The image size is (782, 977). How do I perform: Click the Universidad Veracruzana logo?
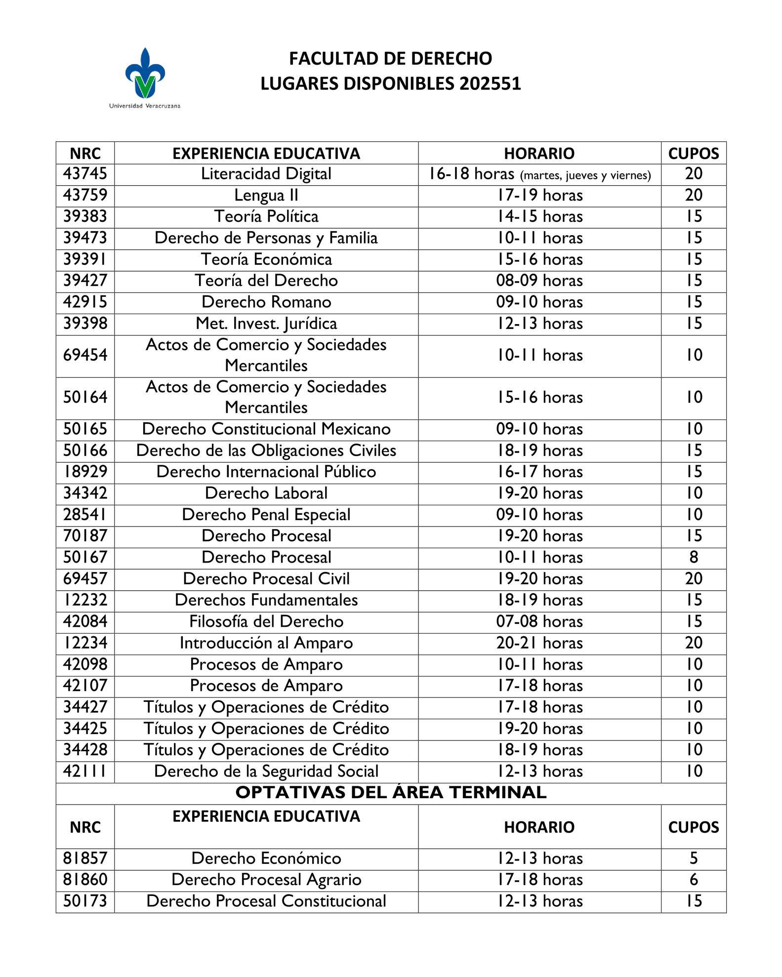point(144,77)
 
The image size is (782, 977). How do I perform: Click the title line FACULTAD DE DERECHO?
point(390,59)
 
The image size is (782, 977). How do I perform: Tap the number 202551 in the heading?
point(490,84)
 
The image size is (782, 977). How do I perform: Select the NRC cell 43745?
point(85,174)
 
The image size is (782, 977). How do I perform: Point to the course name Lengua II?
point(266,196)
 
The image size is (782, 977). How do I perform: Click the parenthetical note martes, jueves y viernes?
point(585,175)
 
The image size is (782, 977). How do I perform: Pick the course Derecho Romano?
point(266,302)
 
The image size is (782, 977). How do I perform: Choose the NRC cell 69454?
point(85,356)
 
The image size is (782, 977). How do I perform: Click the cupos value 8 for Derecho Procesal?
point(694,558)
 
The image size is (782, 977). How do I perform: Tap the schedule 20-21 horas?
point(539,643)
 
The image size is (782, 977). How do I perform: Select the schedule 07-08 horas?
point(539,622)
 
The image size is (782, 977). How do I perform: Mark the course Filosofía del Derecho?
point(266,622)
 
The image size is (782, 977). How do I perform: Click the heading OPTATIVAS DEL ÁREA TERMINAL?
point(391,793)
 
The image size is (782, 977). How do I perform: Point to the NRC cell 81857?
point(85,858)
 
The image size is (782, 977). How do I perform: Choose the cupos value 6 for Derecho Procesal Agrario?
point(694,880)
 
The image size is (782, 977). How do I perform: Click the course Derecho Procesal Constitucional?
point(266,901)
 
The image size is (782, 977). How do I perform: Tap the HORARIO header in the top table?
point(539,154)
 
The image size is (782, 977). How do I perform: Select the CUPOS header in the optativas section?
point(694,827)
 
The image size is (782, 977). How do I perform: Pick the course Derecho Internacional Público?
point(266,472)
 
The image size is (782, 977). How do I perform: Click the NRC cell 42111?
point(85,772)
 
